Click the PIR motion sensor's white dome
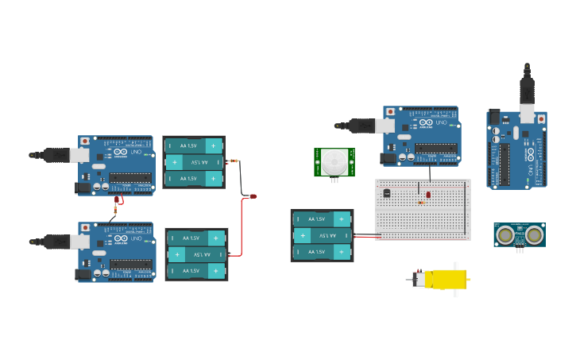click(334, 162)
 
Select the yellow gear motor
click(445, 279)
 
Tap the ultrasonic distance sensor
click(519, 234)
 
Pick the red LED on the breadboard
click(428, 194)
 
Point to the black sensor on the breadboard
click(387, 192)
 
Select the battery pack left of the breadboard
click(322, 235)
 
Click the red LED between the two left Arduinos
click(117, 200)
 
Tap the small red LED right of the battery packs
click(253, 195)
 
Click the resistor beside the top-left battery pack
click(234, 161)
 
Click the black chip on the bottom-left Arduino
click(130, 263)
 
